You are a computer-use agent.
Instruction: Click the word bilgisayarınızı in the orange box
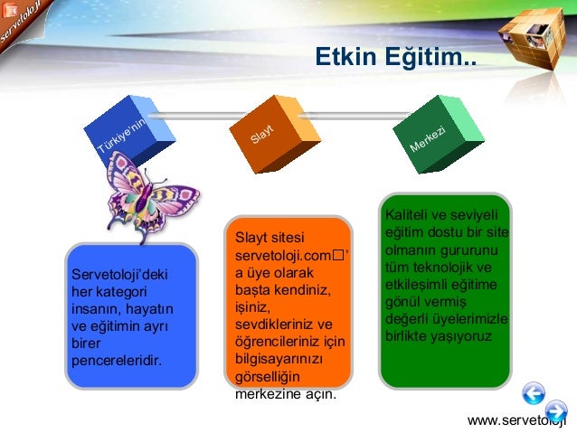[276, 360]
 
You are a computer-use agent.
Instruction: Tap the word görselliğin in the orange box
[268, 377]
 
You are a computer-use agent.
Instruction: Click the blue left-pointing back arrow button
[534, 391]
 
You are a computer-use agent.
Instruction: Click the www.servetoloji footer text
[516, 421]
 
